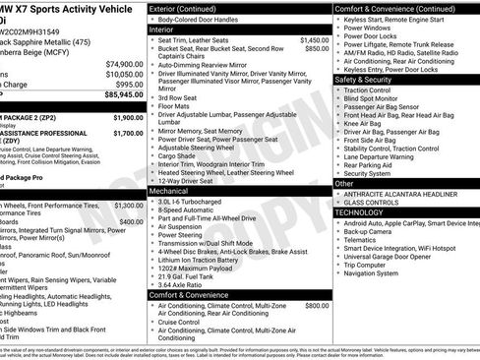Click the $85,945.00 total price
123,95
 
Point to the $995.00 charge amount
127,85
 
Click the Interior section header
162,30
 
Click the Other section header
344,183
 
